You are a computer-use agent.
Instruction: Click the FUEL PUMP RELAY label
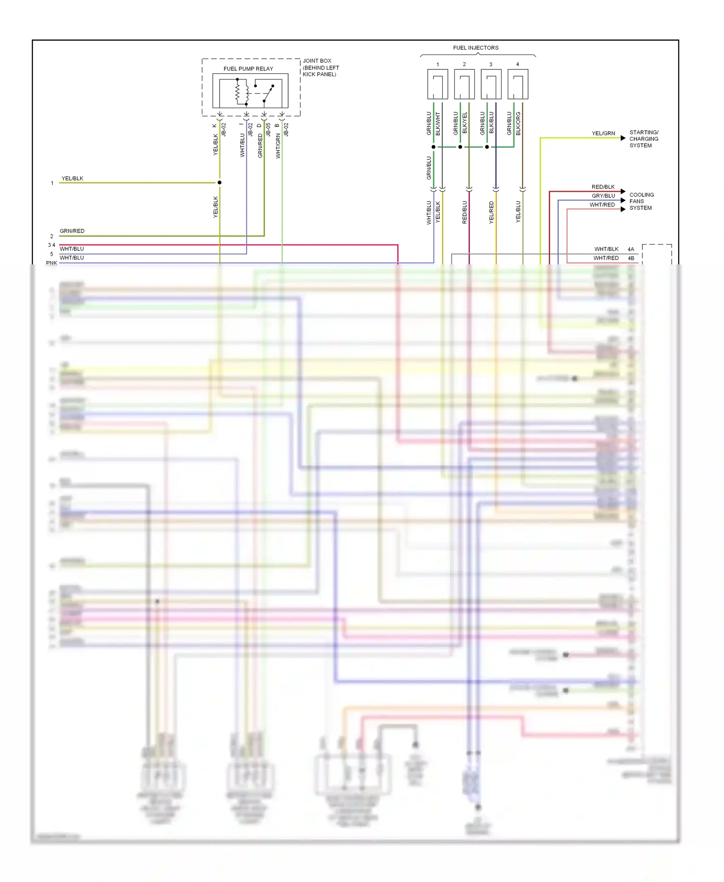(x=248, y=69)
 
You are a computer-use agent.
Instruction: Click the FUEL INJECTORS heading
(x=475, y=48)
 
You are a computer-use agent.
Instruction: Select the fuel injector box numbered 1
(x=437, y=84)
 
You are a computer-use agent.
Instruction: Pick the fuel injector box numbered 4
(x=517, y=84)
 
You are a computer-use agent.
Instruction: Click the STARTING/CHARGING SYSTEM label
(x=643, y=139)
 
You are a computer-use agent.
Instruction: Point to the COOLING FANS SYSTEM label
(x=641, y=201)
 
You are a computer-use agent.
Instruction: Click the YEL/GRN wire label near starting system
(x=603, y=133)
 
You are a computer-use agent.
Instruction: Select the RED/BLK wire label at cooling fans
(x=603, y=187)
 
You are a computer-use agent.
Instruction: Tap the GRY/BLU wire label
(x=603, y=195)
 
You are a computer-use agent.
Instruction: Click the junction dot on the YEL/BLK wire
(x=220, y=182)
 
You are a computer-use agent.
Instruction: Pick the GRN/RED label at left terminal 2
(x=72, y=231)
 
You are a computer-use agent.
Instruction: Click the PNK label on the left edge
(x=51, y=263)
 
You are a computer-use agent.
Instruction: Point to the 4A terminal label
(x=631, y=249)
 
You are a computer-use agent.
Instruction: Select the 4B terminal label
(x=631, y=258)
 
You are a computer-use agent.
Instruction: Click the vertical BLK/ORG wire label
(x=518, y=124)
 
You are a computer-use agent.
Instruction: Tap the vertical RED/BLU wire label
(x=465, y=212)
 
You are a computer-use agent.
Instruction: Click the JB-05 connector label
(x=268, y=129)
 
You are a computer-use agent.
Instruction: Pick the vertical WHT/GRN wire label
(x=278, y=146)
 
